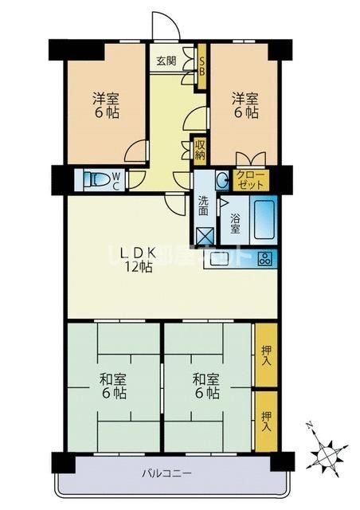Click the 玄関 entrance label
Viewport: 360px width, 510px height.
pyautogui.click(x=166, y=61)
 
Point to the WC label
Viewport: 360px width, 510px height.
pyautogui.click(x=116, y=181)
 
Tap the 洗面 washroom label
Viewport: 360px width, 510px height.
pyautogui.click(x=204, y=205)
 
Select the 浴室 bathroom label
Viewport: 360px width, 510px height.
pyautogui.click(x=235, y=222)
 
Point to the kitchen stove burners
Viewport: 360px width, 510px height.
pyautogui.click(x=264, y=258)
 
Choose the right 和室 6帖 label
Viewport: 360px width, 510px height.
pyautogui.click(x=205, y=386)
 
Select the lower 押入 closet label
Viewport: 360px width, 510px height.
pyautogui.click(x=266, y=421)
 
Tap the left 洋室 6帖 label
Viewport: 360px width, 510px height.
pyautogui.click(x=105, y=106)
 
